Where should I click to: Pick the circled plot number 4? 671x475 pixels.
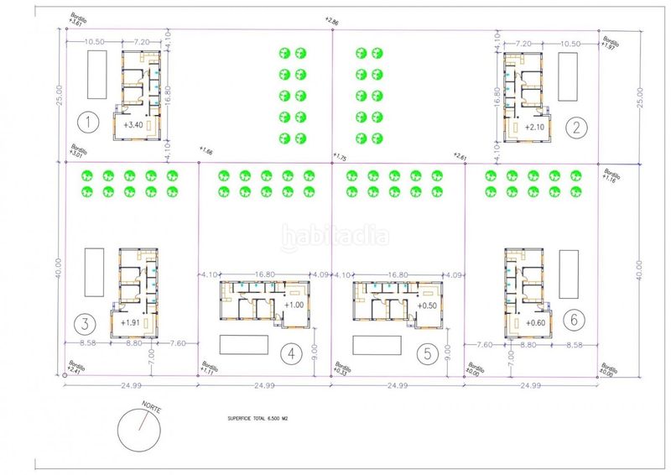290,354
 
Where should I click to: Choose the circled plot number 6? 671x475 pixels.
574,319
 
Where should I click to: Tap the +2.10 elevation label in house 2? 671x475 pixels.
535,127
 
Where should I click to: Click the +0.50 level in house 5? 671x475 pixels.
428,305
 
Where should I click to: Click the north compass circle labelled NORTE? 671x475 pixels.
139,429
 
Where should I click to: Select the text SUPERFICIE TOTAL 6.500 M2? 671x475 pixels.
263,416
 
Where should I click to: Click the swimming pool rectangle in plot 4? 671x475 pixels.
243,344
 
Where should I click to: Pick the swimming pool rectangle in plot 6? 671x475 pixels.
569,273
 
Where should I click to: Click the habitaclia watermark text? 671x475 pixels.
335,236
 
